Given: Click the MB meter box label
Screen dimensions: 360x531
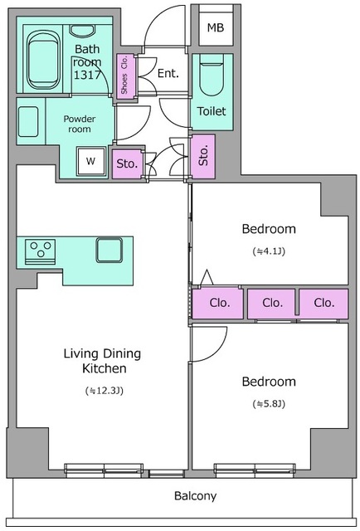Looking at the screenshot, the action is tap(216, 27).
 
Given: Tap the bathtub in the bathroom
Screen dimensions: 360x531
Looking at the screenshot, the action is tap(42, 61).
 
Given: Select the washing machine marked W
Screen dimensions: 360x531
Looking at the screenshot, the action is tap(90, 161).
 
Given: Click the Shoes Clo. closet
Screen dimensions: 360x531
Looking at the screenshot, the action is tap(125, 76).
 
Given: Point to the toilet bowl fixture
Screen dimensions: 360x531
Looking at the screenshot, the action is tap(212, 76).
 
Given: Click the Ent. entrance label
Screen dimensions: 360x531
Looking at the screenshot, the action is tap(168, 73).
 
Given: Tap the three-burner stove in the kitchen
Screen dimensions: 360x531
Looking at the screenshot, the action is tap(41, 251).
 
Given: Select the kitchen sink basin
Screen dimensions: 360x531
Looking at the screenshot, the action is tap(109, 251).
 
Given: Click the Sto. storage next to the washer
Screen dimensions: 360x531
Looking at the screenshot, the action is tap(127, 164).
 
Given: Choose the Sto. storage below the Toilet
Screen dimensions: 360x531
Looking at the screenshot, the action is tap(203, 157).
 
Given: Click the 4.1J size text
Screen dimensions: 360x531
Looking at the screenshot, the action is tap(269, 251).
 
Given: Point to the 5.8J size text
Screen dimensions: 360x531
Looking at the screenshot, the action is tap(269, 404).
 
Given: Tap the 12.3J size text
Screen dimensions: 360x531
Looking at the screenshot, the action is tap(105, 391).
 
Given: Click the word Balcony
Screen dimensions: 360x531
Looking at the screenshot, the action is tap(196, 496).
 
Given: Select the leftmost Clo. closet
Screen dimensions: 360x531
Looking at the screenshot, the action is tap(218, 304).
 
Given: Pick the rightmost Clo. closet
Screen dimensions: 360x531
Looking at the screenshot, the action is tap(324, 304).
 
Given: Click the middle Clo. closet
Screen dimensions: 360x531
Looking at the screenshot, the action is tap(271, 304).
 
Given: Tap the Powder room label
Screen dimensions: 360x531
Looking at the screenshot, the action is tap(80, 124).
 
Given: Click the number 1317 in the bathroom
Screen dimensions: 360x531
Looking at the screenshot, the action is tap(87, 75).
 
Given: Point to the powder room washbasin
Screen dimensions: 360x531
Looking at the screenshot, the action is tap(28, 122).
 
